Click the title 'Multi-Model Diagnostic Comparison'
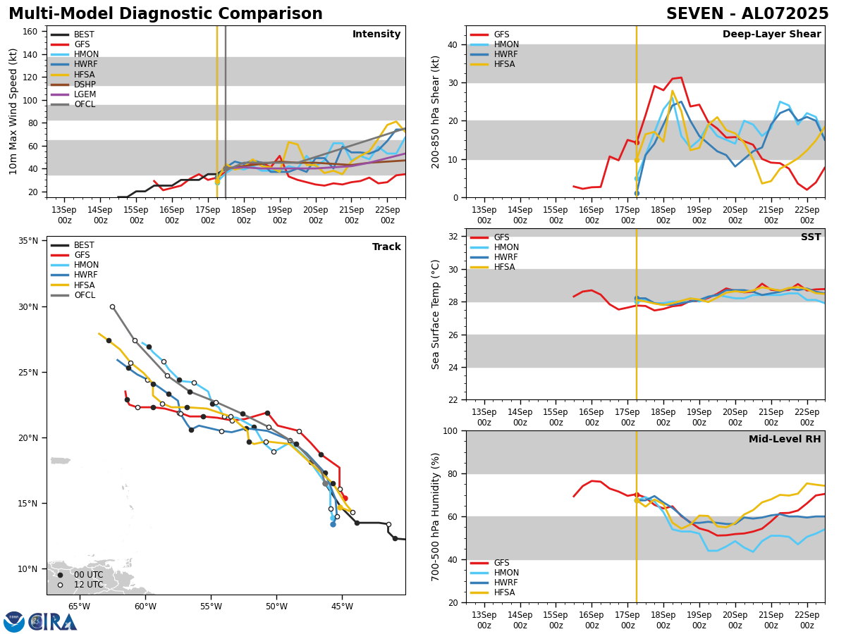coord(166,14)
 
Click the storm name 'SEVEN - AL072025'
coord(747,14)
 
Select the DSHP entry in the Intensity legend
coord(84,85)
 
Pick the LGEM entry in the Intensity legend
coord(85,94)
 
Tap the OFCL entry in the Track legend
coord(85,295)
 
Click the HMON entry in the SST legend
coord(506,247)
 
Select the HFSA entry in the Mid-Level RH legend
coord(505,592)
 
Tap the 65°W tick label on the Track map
coord(79,606)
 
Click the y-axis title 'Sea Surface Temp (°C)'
coord(436,314)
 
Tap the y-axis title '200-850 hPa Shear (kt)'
coord(436,111)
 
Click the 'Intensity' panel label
coord(376,35)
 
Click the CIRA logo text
coord(53,621)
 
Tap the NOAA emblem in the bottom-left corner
coord(14,621)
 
